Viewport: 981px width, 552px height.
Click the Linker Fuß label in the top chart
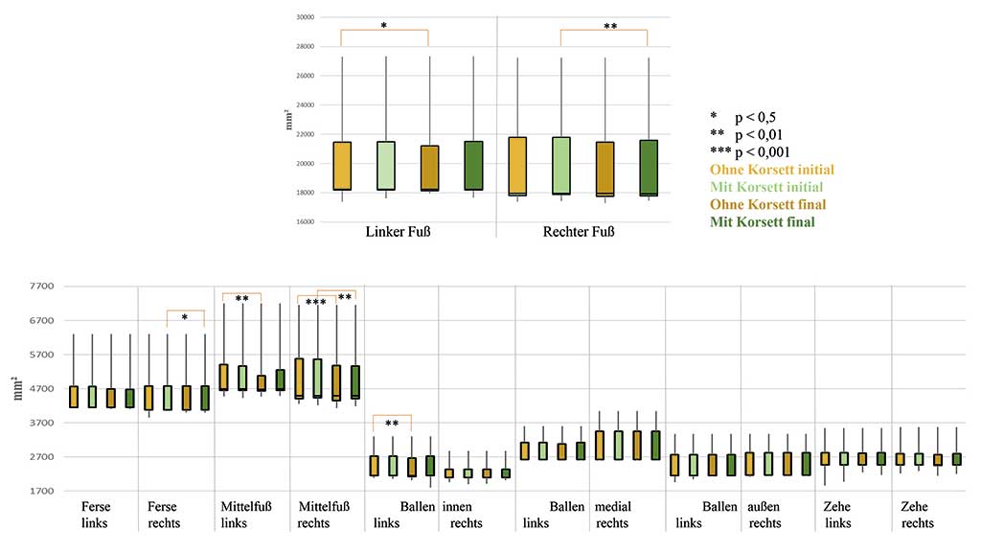(397, 232)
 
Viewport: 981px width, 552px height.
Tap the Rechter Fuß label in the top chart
(579, 232)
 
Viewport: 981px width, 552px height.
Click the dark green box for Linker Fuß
(471, 166)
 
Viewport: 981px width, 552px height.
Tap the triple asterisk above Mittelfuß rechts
(316, 303)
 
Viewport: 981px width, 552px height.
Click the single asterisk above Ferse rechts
(185, 317)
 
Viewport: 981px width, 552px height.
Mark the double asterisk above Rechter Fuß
(610, 27)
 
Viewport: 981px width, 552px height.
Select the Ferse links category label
(96, 515)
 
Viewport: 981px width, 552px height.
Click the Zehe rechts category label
(918, 515)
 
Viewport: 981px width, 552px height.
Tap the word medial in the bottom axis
(613, 506)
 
